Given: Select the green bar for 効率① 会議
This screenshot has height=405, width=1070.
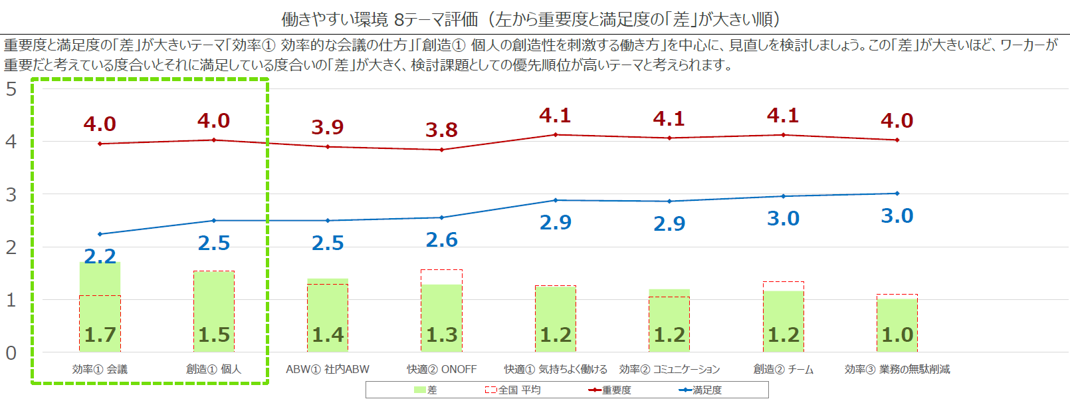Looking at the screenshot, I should [100, 306].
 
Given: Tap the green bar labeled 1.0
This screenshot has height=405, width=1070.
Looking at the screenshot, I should [897, 325].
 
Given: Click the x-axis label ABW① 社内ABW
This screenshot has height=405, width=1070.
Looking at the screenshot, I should [328, 369].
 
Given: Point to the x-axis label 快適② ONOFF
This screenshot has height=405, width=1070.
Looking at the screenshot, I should [441, 369].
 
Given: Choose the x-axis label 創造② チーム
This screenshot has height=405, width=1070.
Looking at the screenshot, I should [783, 369].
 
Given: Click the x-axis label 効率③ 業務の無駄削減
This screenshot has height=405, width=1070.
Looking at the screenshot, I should [897, 369].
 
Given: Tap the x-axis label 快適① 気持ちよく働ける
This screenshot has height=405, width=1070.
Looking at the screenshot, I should [556, 369].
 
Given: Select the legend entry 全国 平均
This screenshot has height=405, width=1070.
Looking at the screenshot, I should [512, 390].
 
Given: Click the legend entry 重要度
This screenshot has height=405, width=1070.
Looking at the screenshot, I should [609, 390].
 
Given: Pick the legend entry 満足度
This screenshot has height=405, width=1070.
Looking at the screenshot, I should [700, 390].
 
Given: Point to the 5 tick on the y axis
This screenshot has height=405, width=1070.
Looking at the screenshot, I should [11, 89].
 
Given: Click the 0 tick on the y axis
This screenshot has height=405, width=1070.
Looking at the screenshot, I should [11, 352].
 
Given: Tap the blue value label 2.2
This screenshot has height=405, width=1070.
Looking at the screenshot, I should [100, 256].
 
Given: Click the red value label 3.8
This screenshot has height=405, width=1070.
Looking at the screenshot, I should [441, 130].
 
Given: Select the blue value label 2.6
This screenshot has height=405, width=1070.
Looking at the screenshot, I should [441, 239].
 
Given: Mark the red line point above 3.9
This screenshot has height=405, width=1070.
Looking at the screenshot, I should [328, 146].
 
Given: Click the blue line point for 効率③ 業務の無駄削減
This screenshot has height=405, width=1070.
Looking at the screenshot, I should [897, 194].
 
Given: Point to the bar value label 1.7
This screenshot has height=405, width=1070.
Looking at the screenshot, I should [100, 335].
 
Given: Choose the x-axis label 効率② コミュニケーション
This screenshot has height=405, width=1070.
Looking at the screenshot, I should [669, 369].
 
